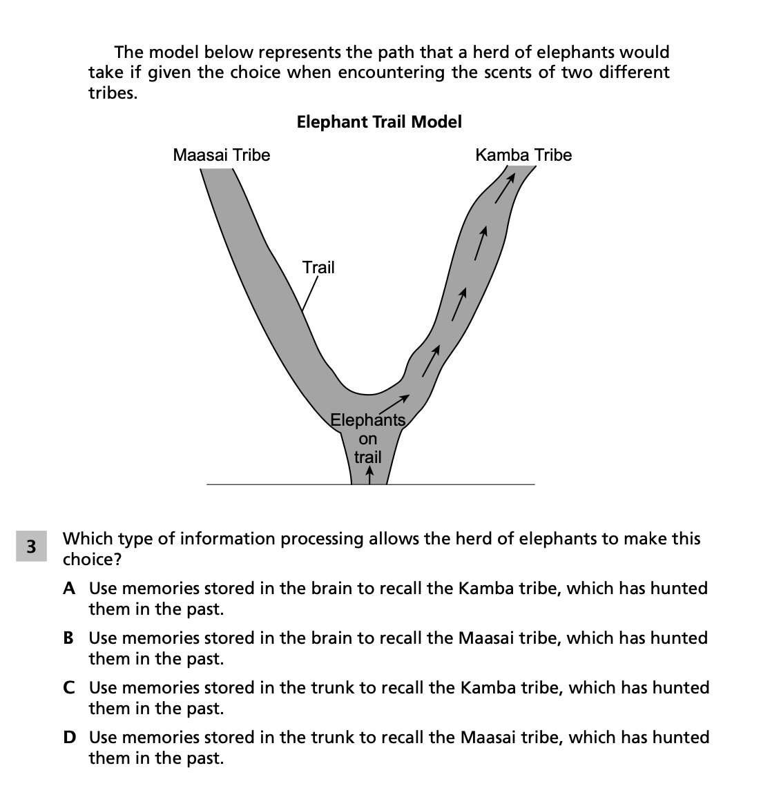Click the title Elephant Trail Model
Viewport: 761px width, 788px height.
379,122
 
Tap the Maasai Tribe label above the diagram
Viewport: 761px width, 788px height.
221,155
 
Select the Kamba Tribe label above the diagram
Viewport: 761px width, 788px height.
523,155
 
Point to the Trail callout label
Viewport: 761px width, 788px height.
318,267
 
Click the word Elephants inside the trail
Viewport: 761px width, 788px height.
367,420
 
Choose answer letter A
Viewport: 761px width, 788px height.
69,589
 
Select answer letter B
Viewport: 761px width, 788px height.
69,638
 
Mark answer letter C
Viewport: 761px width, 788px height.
69,688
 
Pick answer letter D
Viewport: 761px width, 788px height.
69,738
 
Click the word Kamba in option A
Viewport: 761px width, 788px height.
482,589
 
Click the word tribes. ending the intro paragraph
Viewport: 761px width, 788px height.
113,93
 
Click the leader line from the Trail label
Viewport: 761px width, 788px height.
309,293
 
